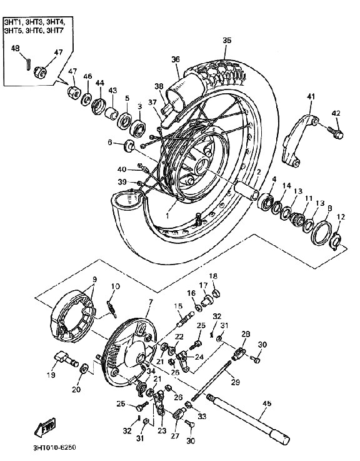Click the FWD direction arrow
click(x=45, y=427)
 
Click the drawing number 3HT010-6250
click(x=54, y=448)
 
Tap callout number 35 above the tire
click(x=227, y=40)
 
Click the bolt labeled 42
click(x=335, y=132)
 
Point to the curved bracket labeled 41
click(x=299, y=139)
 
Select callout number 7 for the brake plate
click(x=151, y=302)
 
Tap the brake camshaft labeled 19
click(x=66, y=358)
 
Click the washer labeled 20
click(x=84, y=368)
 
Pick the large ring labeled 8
click(x=322, y=233)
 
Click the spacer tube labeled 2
click(x=246, y=191)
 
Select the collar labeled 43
click(x=111, y=114)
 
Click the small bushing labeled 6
click(x=129, y=146)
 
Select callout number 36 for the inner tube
click(x=176, y=59)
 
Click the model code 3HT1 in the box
click(x=12, y=22)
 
